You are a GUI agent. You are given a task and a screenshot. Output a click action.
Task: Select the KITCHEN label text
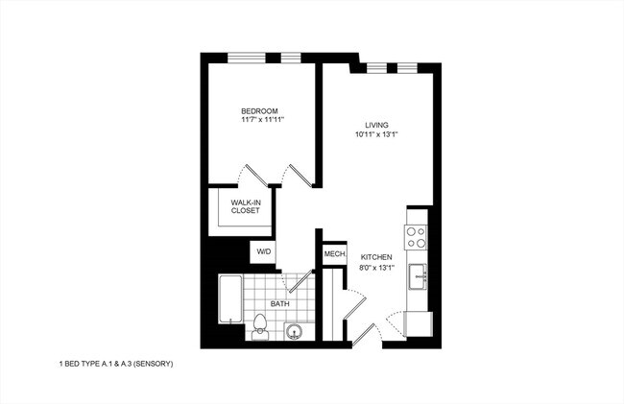tap(376, 257)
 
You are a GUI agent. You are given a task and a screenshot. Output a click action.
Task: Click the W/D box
tap(263, 252)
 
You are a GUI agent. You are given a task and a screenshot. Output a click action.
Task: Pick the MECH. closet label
tap(334, 253)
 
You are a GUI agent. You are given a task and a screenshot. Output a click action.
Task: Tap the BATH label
tap(279, 304)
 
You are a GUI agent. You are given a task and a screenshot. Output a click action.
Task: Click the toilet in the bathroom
tap(260, 326)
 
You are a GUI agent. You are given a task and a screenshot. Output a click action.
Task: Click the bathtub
tap(229, 300)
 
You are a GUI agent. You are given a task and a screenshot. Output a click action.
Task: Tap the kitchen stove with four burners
tap(417, 237)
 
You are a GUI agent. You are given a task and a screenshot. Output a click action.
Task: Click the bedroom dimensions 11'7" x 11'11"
tap(263, 122)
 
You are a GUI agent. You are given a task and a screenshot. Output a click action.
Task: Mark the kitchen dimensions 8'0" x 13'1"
tap(376, 268)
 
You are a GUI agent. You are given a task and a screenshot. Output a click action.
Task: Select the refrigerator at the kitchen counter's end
tap(419, 323)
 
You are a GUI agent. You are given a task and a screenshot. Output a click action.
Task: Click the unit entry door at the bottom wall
tap(371, 329)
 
